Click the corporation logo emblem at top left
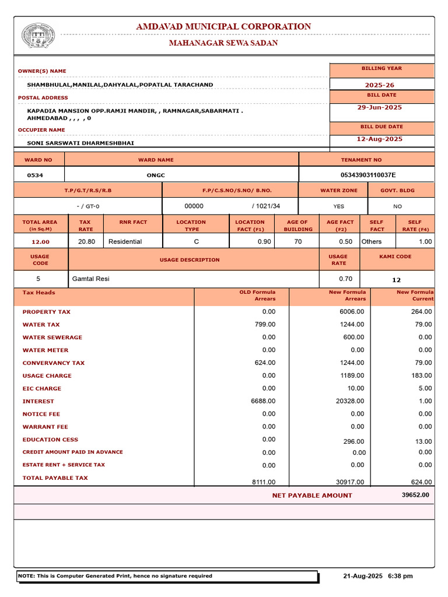point(38,36)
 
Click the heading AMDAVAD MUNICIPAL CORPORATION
point(223,27)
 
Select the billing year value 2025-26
point(380,85)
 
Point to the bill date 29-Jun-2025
point(380,107)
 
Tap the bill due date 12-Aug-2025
point(380,139)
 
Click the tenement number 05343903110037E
point(367,175)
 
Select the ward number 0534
point(35,175)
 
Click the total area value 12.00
point(40,242)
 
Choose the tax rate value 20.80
point(86,241)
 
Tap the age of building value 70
point(298,241)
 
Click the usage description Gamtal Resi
point(90,279)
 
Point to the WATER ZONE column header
point(334,191)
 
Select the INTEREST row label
point(38,401)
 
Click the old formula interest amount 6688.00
point(263,401)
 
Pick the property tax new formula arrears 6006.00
point(352,312)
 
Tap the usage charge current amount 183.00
point(421,376)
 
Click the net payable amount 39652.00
point(415,495)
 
